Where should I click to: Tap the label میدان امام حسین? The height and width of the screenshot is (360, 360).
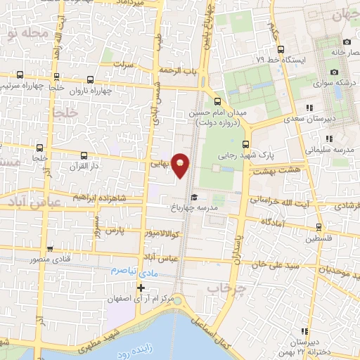point(216,112)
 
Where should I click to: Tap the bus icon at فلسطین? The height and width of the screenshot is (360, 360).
point(319,227)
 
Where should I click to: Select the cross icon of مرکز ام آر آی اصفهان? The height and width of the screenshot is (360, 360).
point(141,288)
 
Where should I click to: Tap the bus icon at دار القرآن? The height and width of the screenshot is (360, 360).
point(84,155)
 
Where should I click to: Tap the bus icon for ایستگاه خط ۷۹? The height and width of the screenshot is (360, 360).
point(281,49)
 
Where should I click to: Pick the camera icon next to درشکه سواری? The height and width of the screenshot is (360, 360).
point(335,72)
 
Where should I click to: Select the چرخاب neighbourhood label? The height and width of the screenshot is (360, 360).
point(224,289)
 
